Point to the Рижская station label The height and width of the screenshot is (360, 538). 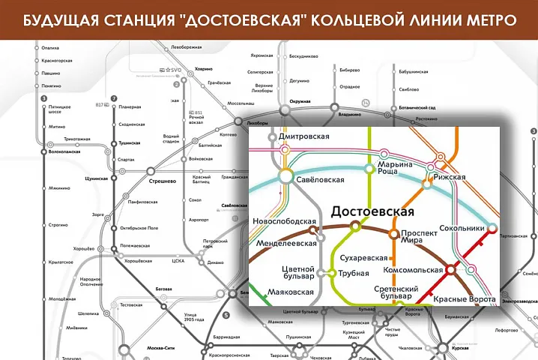click(450, 177)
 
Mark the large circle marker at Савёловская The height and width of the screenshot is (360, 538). click(285, 176)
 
